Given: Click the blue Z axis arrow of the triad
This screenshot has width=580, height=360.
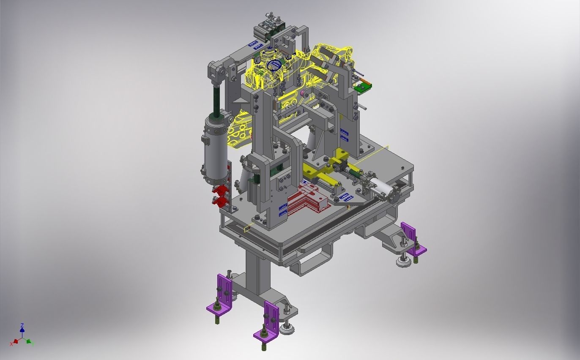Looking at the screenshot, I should (22, 327).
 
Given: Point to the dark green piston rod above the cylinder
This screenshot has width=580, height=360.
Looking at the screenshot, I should (216, 100).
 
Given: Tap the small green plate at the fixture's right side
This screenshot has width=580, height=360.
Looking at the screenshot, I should (362, 87).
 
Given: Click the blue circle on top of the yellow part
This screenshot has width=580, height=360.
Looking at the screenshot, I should (274, 65).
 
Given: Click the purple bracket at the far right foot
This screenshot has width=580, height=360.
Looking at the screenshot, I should (412, 239).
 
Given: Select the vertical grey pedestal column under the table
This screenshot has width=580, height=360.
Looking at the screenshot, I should (258, 270).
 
